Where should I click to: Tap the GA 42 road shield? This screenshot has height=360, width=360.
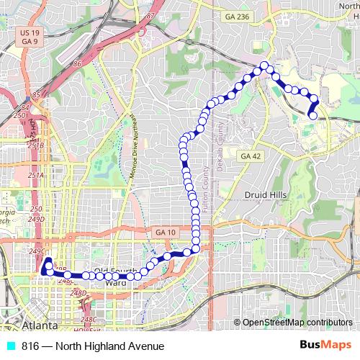click(x=250, y=156)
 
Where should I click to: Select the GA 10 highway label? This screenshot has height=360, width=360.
click(x=164, y=232)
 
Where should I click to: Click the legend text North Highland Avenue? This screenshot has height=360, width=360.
click(x=94, y=346)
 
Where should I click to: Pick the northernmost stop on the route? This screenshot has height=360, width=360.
click(x=264, y=66)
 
